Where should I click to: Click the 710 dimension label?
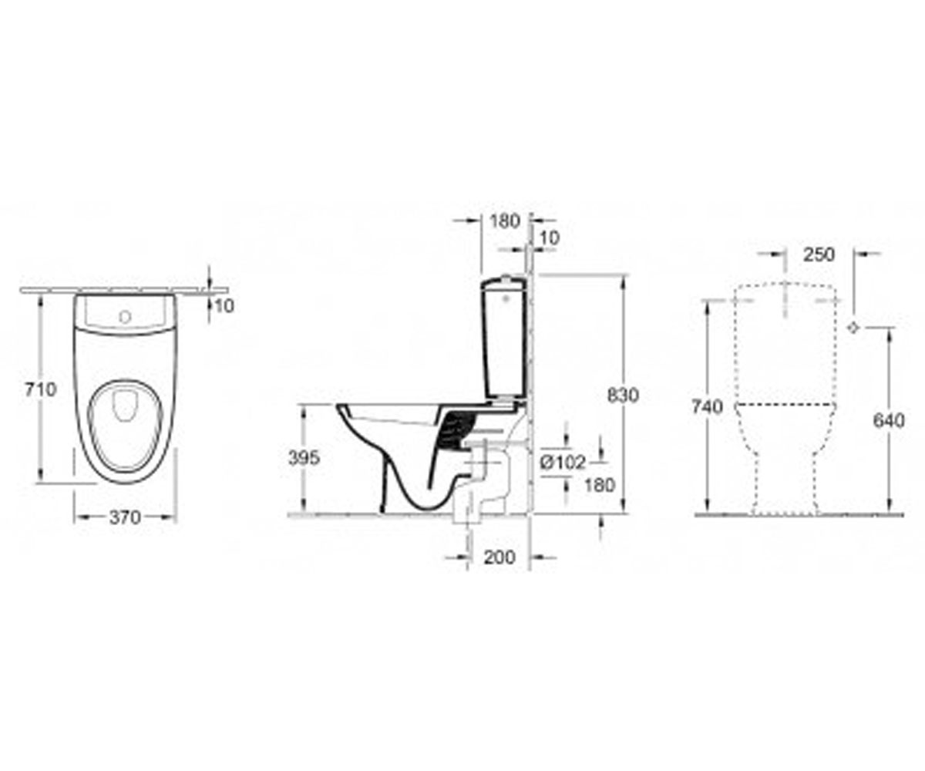point(40,389)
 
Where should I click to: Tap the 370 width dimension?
point(125,517)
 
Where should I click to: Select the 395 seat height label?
point(304,458)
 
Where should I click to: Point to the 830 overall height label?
point(623,396)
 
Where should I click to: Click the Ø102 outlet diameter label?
point(563,463)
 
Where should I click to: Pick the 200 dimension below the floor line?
point(499,557)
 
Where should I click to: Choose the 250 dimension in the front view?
point(819,254)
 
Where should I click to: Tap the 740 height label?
point(708,407)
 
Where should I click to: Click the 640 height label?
point(889,420)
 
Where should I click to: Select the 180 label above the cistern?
point(505,221)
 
